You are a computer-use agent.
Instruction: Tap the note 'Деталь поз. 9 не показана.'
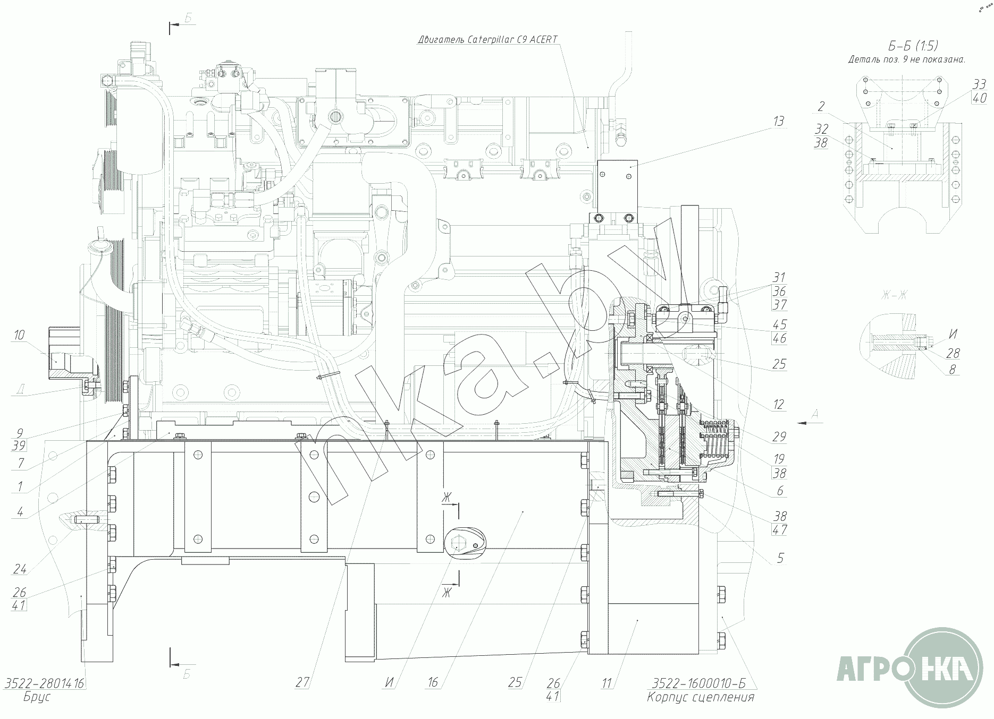tap(907, 60)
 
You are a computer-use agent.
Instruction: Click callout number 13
tap(778, 122)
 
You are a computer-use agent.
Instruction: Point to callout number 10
tap(19, 335)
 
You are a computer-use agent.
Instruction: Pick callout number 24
tap(20, 569)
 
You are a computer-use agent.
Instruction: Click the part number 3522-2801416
tap(45, 683)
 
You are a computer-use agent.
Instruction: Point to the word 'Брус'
tap(37, 697)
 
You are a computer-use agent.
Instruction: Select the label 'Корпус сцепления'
tap(700, 697)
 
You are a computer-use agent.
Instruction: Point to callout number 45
tap(779, 324)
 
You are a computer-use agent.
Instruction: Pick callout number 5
tap(780, 558)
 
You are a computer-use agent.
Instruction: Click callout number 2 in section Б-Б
tap(821, 106)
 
